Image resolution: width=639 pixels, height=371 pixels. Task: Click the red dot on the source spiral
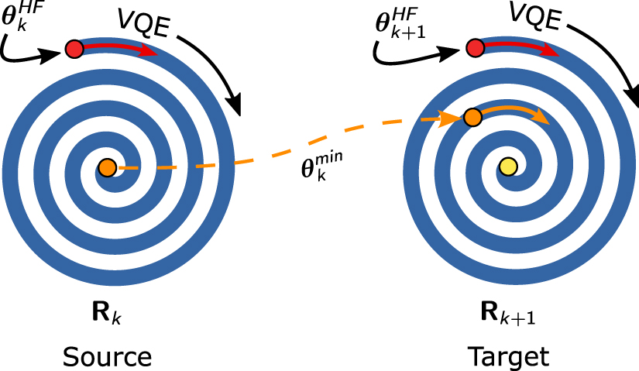point(74,50)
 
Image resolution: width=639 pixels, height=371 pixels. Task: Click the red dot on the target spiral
point(476,50)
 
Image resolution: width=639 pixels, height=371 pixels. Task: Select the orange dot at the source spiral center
point(108,167)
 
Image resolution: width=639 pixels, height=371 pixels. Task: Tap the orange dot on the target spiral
point(472,118)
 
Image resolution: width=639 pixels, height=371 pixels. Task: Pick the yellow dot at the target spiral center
point(507,167)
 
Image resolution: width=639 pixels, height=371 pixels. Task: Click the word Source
point(108,356)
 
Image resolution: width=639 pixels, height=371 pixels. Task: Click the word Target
point(508,356)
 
